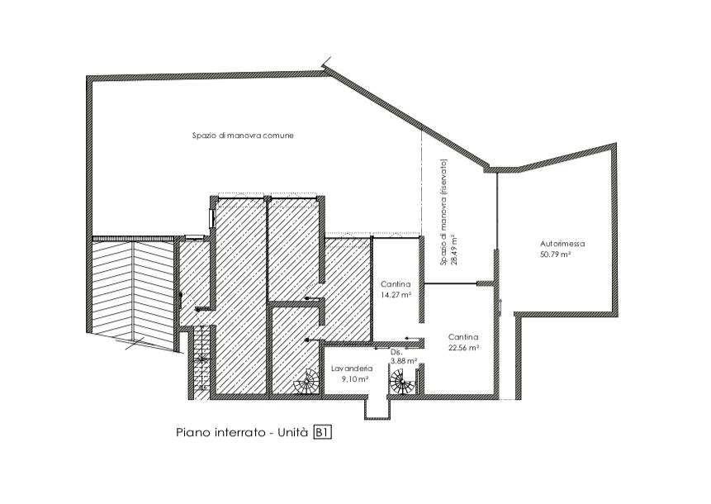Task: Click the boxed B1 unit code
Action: pos(322,432)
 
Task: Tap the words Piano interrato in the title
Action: pos(220,432)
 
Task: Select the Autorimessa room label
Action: pos(562,244)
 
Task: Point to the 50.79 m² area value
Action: pos(555,254)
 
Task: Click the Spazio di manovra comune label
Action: pos(243,136)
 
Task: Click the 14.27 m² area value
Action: pos(396,295)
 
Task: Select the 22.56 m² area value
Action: pos(464,348)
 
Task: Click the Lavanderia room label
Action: pos(352,368)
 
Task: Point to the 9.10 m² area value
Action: pos(354,379)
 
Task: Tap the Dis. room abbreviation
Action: pos(396,352)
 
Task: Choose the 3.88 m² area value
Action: pos(404,361)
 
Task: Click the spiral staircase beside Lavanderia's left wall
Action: pos(307,382)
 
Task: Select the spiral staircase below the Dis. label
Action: pos(403,382)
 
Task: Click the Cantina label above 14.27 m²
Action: pos(396,284)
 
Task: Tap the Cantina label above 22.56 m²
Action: pos(463,337)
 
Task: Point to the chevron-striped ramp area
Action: pos(132,294)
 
